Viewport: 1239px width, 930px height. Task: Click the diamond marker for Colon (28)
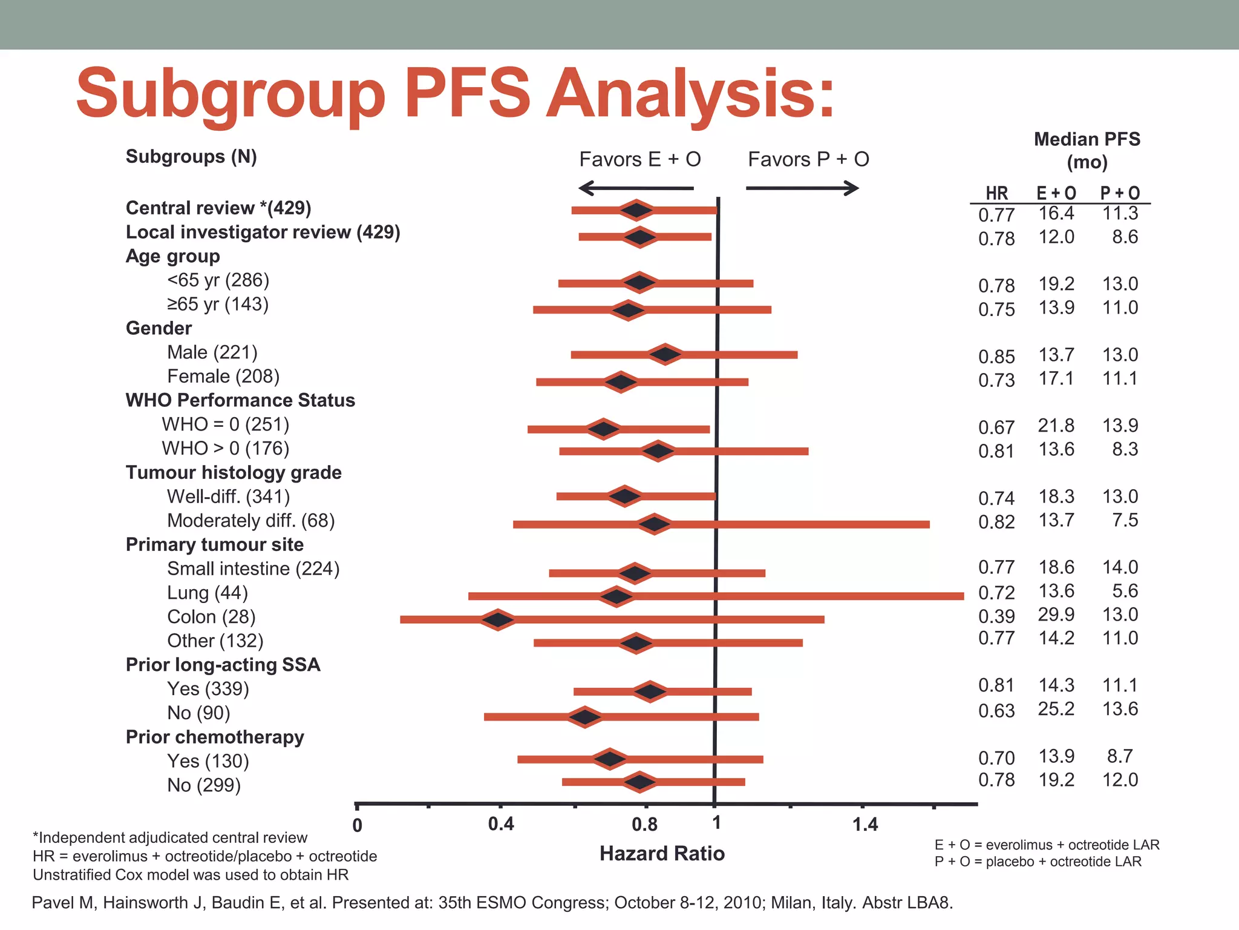[x=498, y=620]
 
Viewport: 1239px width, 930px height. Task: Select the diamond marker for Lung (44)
[x=616, y=596]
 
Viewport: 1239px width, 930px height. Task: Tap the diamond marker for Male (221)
[x=665, y=355]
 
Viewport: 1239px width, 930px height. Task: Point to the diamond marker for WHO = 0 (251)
[x=603, y=429]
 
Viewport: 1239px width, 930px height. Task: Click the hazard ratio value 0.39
[x=996, y=616]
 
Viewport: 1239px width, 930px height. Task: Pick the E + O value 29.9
[x=1056, y=615]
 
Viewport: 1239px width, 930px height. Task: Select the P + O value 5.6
[x=1125, y=591]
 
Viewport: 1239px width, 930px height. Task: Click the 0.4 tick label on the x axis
[x=501, y=824]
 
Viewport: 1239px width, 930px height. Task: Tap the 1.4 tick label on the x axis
[x=865, y=824]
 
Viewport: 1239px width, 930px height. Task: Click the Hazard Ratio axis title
[x=662, y=854]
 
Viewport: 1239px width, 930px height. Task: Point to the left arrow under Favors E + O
[x=636, y=188]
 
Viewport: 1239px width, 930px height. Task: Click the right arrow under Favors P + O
[x=802, y=188]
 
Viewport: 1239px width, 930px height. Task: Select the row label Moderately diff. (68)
[x=250, y=521]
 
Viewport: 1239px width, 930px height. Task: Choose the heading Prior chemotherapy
[x=215, y=737]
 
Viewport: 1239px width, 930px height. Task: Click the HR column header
[x=996, y=193]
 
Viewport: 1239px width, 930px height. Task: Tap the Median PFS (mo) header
[x=1087, y=150]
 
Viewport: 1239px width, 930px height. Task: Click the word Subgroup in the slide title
[x=230, y=94]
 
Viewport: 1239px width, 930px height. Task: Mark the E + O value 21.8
[x=1056, y=426]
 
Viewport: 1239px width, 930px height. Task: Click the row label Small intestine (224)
[x=253, y=569]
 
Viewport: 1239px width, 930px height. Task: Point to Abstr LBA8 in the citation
[x=907, y=903]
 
